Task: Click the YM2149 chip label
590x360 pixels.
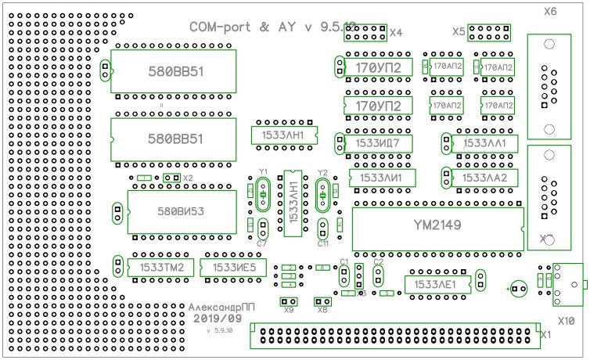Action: (x=437, y=225)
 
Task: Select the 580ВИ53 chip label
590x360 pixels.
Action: (x=180, y=211)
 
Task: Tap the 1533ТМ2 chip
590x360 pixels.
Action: (x=161, y=268)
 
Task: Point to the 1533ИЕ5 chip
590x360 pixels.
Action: (x=233, y=268)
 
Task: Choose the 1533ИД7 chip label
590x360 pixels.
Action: (x=378, y=143)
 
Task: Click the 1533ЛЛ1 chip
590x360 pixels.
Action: (x=485, y=143)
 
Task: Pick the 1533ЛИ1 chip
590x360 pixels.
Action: (x=381, y=178)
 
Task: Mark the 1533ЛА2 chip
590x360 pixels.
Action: (x=485, y=178)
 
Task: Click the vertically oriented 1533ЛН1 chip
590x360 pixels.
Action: (x=293, y=203)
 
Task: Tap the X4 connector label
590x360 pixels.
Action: (x=396, y=33)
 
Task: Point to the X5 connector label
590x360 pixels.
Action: (x=459, y=32)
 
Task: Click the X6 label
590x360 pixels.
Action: (x=550, y=12)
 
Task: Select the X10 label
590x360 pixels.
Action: (x=566, y=321)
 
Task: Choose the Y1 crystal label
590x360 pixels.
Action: (x=264, y=171)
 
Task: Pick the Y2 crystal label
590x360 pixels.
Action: (x=322, y=172)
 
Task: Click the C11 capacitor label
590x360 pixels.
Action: (x=322, y=243)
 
